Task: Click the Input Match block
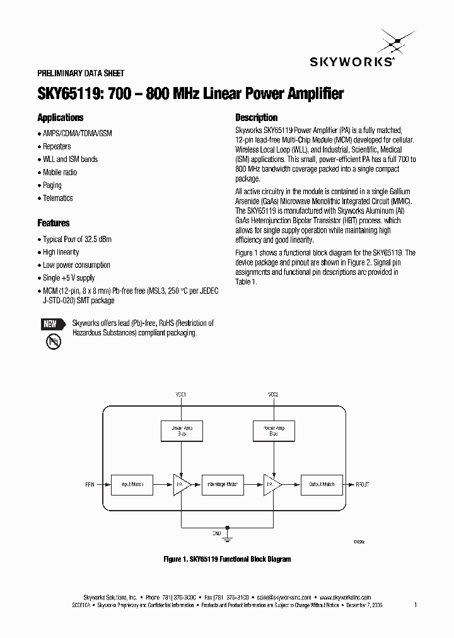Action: (132, 484)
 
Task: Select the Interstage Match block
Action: (223, 484)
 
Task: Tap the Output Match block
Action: (322, 484)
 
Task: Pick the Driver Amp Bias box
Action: (182, 431)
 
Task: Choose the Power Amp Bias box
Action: (273, 431)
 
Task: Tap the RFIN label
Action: (89, 485)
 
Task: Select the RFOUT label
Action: (363, 485)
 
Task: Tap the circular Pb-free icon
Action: (53, 342)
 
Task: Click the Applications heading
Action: (61, 118)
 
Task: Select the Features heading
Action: (54, 223)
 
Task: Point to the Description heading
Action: (256, 118)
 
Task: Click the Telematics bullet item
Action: (57, 198)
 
